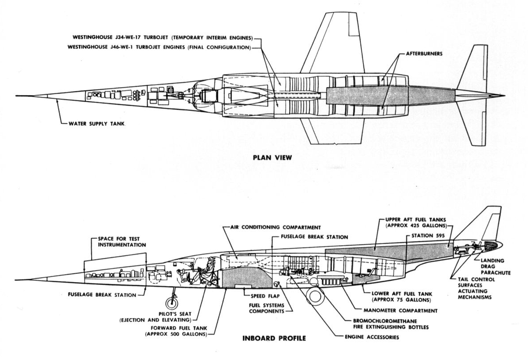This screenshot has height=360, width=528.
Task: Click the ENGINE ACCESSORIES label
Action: (x=372, y=337)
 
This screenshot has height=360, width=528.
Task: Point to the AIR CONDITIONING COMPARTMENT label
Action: (x=275, y=228)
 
